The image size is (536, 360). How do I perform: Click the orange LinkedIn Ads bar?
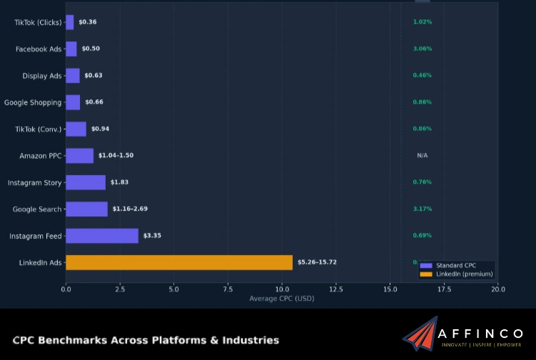(178, 263)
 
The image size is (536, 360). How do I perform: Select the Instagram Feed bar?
(102, 236)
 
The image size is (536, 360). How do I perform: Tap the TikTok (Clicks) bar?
(69, 22)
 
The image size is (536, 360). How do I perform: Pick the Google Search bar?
(86, 209)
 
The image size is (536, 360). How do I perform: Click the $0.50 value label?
(91, 49)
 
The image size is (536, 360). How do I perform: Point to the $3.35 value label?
(152, 236)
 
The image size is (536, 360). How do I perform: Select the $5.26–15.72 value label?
(317, 262)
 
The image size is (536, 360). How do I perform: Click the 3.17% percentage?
(422, 209)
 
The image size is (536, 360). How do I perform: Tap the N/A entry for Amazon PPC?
(422, 156)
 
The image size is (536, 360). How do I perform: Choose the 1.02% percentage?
(422, 22)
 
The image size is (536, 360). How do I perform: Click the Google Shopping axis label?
(33, 102)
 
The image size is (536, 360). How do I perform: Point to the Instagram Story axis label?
(35, 183)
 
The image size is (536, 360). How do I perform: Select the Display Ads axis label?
(42, 76)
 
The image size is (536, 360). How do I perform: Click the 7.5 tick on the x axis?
(228, 289)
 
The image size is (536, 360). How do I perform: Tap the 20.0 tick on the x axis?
(498, 289)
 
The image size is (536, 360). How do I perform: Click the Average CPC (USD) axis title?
(281, 299)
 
